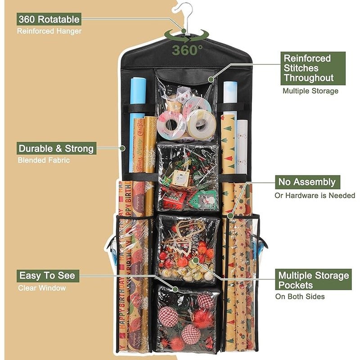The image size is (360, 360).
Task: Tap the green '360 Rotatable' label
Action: pos(49,19)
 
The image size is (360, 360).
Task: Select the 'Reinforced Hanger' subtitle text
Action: pos(49,31)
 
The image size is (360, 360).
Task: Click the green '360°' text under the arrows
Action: pos(187,50)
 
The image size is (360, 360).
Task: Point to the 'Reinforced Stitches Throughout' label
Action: pos(313,68)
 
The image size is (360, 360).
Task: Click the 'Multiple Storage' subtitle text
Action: pos(310,91)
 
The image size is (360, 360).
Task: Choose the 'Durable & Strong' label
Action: pos(56,148)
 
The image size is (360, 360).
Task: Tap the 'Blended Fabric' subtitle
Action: pos(44,160)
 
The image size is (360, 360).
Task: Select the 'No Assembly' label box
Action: pos(307,182)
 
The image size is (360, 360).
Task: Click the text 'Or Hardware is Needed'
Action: pos(315,195)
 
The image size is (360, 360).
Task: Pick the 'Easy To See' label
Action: pos(48,276)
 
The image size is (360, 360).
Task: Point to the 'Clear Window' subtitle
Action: pos(42,288)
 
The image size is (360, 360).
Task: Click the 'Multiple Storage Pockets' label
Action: pos(313,280)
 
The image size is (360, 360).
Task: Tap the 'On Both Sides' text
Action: pos(300,297)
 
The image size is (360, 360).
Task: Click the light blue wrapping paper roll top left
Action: pos(137,124)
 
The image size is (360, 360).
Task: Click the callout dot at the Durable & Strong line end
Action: pos(123,148)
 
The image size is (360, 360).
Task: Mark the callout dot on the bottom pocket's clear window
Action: pos(175,289)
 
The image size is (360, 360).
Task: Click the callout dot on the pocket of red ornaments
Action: pos(196,260)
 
